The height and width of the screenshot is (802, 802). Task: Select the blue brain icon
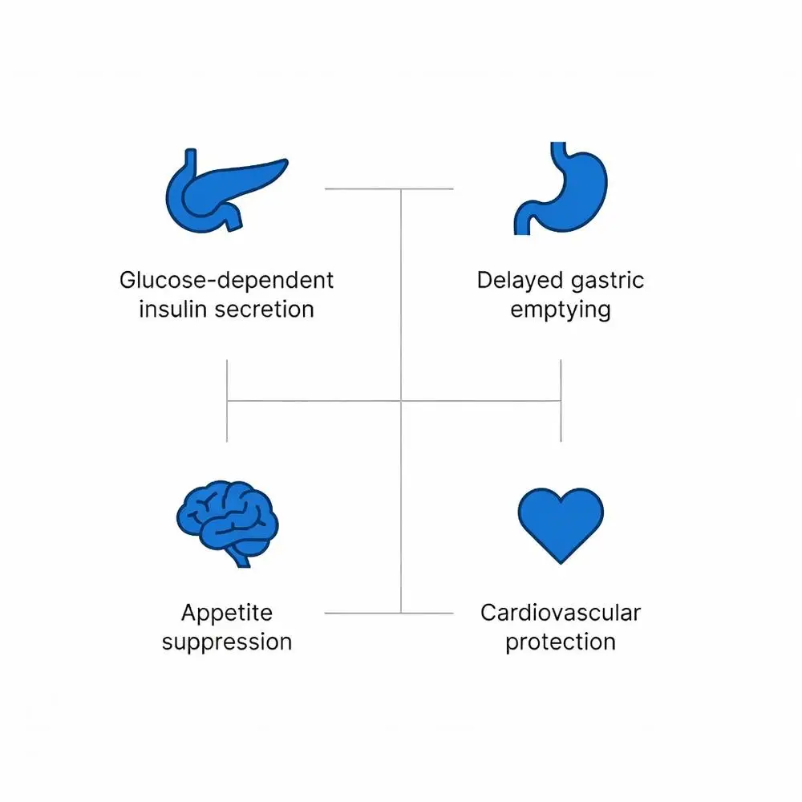coord(226,521)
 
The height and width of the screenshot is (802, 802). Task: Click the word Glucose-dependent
coord(226,282)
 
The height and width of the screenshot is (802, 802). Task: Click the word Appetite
coord(227,614)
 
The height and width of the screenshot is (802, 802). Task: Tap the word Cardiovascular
coord(561,614)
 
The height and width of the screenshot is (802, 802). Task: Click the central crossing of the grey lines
coord(401,400)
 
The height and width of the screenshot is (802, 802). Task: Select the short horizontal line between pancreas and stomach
coord(389,189)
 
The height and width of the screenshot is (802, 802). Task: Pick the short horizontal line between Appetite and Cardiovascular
coord(389,614)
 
